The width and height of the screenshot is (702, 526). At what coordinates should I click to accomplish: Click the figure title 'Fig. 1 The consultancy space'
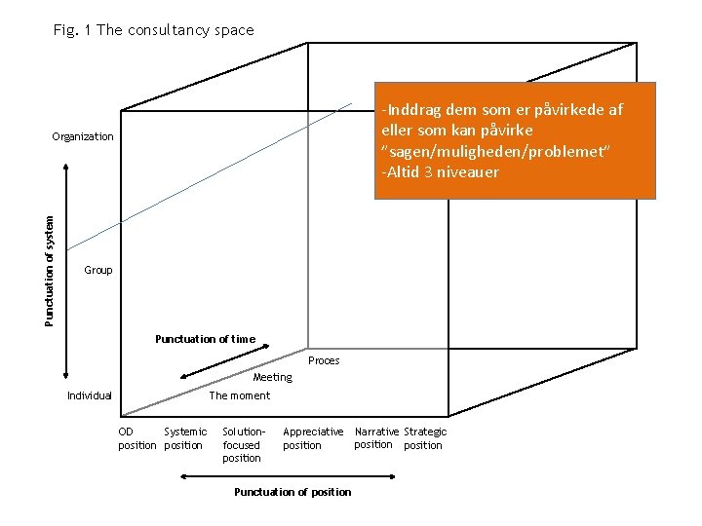154,30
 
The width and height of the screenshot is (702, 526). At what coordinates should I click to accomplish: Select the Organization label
83,136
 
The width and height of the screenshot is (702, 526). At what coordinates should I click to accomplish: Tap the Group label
98,270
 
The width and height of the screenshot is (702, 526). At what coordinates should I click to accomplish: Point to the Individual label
90,395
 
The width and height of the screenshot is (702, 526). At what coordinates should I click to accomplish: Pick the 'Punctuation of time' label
205,339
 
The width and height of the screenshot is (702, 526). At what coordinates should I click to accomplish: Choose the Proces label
324,360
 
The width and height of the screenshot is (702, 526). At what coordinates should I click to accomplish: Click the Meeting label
272,377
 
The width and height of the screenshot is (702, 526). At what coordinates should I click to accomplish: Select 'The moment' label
240,395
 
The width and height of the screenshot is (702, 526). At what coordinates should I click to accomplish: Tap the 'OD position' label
136,438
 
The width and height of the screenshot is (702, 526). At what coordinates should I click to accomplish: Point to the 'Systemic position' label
185,438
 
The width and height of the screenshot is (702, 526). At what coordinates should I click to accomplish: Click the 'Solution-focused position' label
243,444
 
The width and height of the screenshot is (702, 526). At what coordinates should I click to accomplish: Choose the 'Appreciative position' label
313,438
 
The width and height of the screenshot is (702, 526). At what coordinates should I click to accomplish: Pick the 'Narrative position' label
375,438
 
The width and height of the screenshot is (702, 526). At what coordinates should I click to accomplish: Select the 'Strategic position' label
425,438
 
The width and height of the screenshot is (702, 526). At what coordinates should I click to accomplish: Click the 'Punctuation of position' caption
292,492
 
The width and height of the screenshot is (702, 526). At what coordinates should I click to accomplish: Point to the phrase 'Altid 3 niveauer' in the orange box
441,172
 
